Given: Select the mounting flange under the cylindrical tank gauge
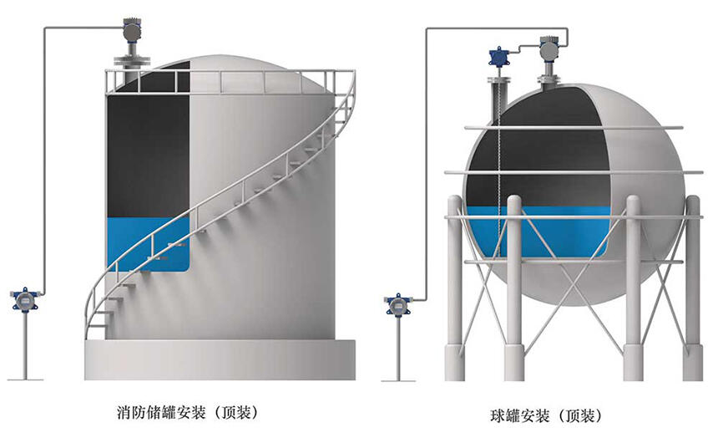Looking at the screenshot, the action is point(132,60).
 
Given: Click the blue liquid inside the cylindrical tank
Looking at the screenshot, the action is point(148,243).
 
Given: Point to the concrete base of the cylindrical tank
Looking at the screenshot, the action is point(220,359).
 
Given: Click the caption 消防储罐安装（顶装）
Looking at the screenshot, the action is point(187,413).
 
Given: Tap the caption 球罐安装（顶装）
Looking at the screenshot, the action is point(546,416).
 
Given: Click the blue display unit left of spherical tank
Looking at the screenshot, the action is point(397,304).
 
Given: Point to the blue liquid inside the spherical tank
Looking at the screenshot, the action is point(536,232).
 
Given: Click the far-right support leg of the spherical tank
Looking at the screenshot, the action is point(692,288).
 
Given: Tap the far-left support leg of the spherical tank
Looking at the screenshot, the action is point(455,288).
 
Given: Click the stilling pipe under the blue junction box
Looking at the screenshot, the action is point(498,99).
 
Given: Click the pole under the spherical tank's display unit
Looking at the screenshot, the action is point(398,348).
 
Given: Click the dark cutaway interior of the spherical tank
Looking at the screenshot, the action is point(536,151).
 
